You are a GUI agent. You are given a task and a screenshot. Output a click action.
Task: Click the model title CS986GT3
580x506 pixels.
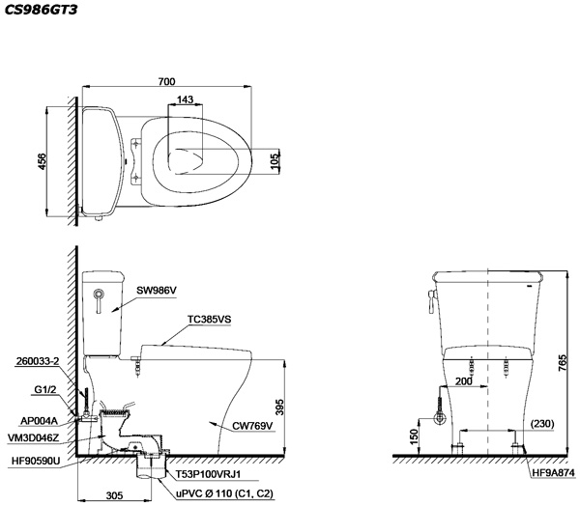point(41,10)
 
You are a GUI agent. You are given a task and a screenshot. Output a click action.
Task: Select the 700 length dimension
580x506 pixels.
point(166,81)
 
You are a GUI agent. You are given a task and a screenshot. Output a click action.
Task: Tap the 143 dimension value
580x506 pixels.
point(185,99)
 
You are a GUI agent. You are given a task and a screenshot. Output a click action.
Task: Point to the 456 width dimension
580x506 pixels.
point(43,161)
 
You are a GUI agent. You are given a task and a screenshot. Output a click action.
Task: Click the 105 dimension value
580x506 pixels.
point(275,161)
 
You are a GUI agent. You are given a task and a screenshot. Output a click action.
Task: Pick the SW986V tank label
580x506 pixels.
point(157,290)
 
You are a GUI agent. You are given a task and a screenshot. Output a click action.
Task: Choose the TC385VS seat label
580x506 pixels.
point(210,319)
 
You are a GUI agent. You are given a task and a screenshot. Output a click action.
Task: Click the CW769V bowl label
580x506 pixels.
point(252,426)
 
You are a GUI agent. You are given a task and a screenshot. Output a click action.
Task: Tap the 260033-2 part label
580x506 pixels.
point(38,361)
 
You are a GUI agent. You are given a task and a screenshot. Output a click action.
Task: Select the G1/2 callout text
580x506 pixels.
point(45,389)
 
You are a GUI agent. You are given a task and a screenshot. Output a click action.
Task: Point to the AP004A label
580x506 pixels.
point(40,421)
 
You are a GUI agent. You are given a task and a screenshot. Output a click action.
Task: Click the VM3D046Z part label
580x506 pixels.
point(33,438)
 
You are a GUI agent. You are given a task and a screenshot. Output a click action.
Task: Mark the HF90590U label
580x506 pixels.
point(36,461)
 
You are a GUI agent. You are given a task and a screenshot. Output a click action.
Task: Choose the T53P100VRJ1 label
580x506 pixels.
point(208,474)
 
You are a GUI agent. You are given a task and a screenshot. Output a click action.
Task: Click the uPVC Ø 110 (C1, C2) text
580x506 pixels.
point(224,493)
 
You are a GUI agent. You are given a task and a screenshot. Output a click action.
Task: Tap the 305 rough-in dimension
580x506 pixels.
point(114,495)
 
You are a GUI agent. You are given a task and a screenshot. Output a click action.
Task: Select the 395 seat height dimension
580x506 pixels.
point(279,407)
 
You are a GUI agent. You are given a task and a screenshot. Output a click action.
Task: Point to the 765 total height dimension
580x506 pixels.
point(562,363)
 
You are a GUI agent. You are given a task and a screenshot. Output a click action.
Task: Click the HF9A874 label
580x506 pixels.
point(554,472)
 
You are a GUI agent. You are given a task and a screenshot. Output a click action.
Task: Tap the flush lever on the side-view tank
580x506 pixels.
point(99,300)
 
